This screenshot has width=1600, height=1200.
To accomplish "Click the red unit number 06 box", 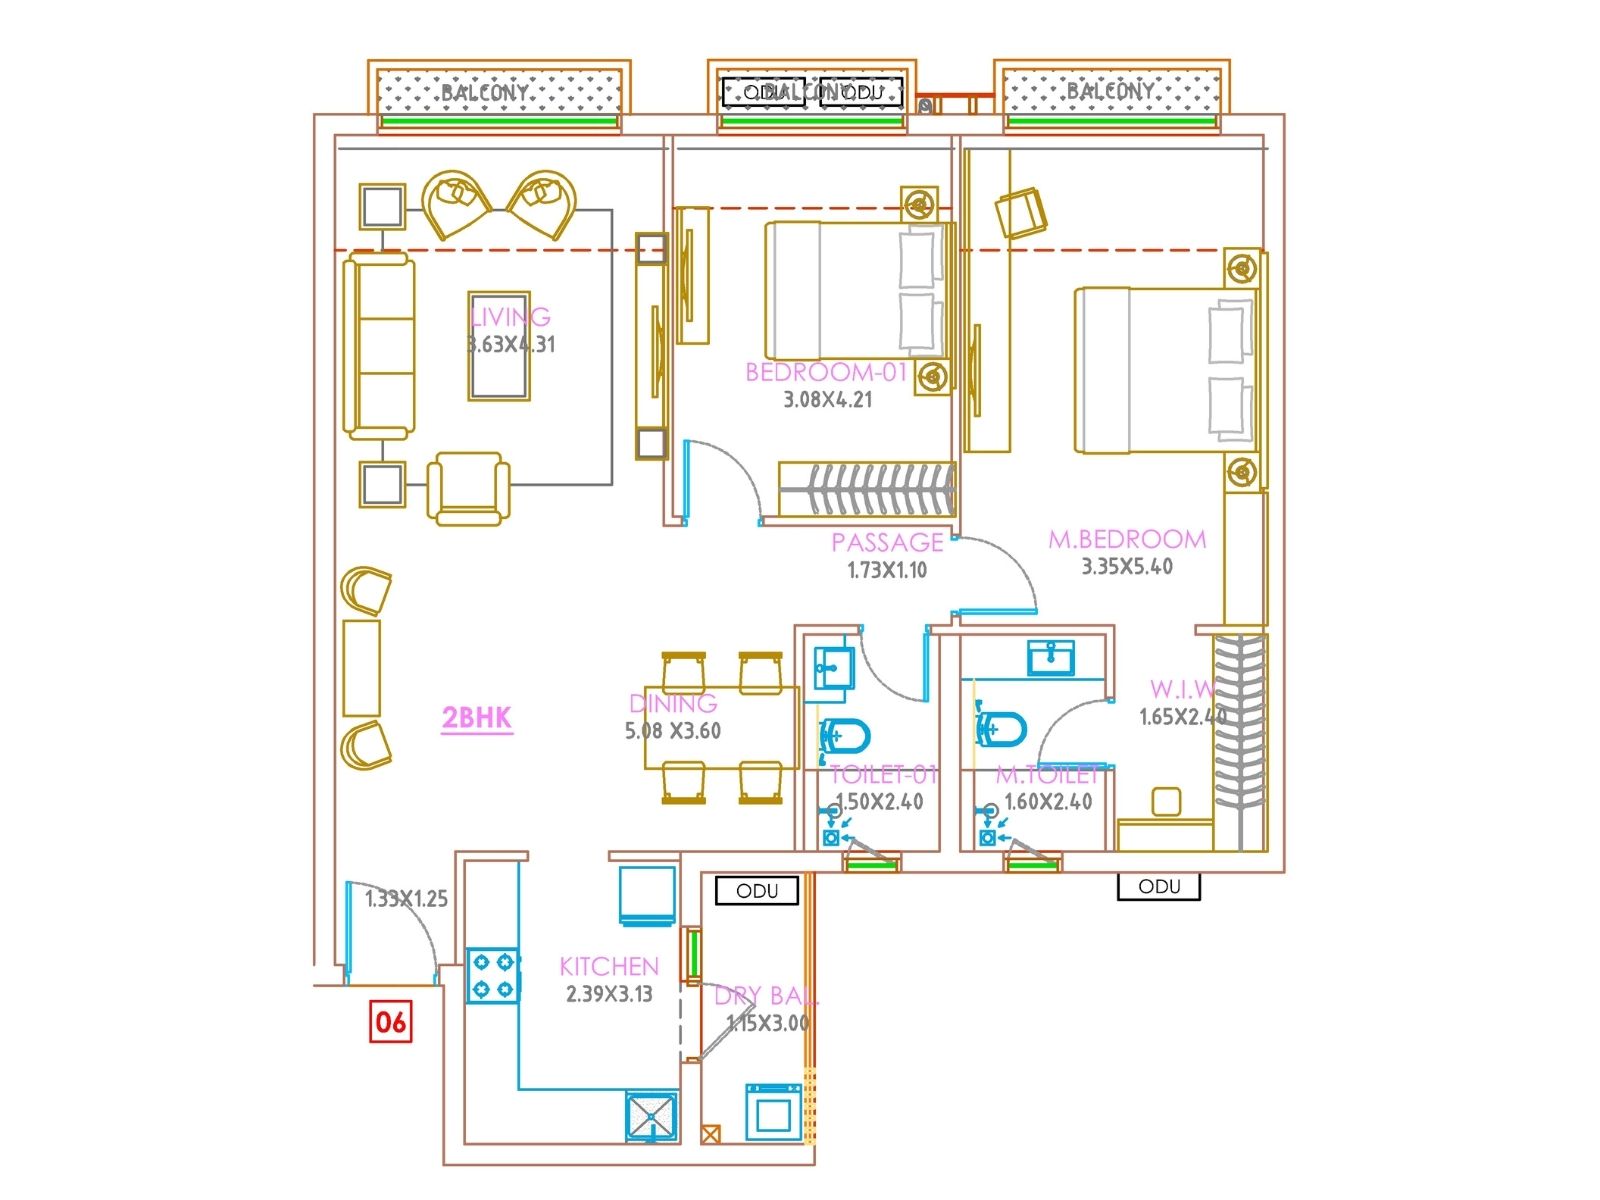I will click(390, 1021).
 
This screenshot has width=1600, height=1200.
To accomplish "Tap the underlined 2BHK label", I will click(477, 717).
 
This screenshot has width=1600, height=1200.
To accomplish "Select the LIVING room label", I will click(511, 317).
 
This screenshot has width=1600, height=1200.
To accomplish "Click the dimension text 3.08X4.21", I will click(827, 400).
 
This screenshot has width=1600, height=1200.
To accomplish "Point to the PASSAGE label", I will click(887, 542).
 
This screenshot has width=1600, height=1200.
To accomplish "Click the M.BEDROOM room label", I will click(1127, 539).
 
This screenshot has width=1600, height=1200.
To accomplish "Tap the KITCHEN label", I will click(609, 966).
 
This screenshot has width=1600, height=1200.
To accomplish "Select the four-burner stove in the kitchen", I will click(493, 976).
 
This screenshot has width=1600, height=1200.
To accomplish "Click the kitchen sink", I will click(652, 1116).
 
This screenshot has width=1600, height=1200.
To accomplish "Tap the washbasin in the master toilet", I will click(1051, 657).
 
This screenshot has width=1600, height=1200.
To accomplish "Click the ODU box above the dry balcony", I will click(757, 890).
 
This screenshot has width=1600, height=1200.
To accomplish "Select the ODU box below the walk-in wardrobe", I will click(1158, 886).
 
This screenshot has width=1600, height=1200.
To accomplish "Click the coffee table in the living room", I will click(499, 346).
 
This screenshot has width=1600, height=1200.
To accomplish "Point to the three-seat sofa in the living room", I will click(379, 346).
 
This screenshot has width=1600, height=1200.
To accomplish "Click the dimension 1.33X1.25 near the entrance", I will click(406, 898).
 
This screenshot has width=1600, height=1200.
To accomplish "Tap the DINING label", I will click(673, 703).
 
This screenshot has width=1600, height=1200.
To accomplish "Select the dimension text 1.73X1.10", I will click(887, 570).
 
